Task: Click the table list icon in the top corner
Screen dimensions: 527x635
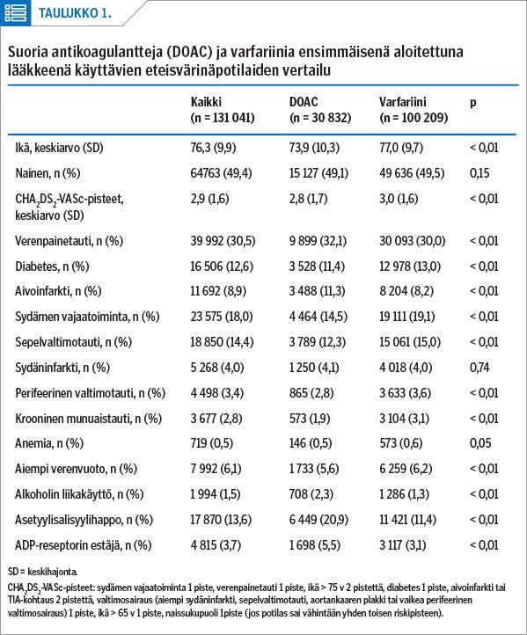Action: [15, 12]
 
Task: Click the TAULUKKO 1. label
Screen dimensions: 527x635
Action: [75, 13]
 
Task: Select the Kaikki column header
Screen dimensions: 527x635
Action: [223, 110]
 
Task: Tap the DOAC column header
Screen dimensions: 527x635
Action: [320, 110]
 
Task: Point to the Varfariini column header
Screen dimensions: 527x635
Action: [414, 110]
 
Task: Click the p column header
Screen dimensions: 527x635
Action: [472, 103]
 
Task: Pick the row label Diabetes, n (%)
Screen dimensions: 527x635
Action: [52, 266]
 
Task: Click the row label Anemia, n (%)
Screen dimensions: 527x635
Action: [49, 443]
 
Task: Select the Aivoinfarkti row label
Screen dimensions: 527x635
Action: [58, 291]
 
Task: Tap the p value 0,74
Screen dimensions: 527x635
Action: [479, 368]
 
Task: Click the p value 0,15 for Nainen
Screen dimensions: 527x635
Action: [479, 173]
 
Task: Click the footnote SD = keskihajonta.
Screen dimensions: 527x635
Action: [42, 572]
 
